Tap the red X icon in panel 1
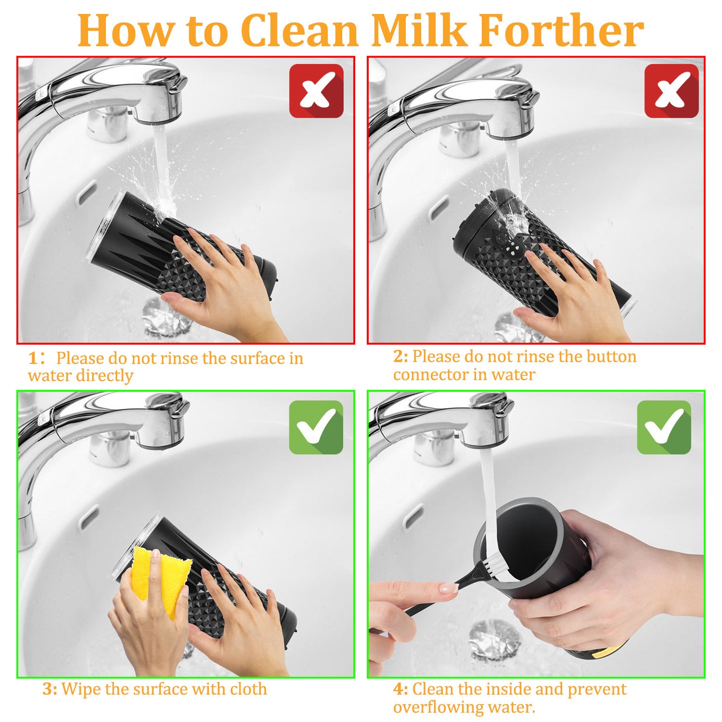[316, 91]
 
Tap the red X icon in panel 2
[671, 91]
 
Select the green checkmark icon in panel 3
[316, 427]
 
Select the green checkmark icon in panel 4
[664, 427]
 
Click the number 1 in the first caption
[33, 358]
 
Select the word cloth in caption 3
[248, 689]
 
